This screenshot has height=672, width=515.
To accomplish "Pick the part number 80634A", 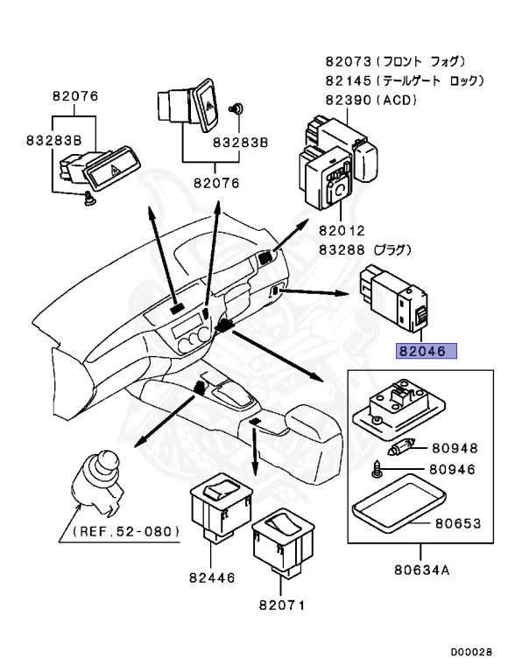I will pos(420,574).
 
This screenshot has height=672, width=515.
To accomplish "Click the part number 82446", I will pos(213,577).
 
